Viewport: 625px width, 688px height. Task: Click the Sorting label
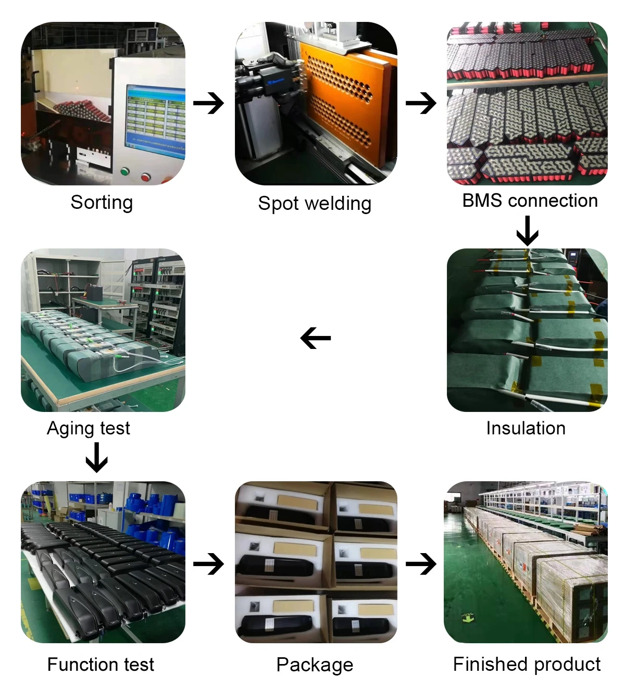tap(102, 203)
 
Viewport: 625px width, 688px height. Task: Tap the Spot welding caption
tap(315, 204)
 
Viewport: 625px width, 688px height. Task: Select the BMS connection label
tap(530, 201)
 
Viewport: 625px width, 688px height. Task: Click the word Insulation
tap(526, 428)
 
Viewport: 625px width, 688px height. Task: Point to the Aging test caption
tap(89, 428)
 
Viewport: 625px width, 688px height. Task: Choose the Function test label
tap(101, 665)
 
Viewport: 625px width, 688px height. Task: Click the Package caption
tap(315, 665)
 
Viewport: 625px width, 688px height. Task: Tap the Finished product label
tap(527, 665)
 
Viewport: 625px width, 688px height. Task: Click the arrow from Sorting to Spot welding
tap(208, 103)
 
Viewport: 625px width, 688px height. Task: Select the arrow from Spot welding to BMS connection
tap(421, 103)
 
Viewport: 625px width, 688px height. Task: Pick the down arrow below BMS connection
tap(528, 231)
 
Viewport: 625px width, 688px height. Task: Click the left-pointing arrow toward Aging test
tap(316, 339)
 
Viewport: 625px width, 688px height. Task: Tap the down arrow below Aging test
tap(96, 457)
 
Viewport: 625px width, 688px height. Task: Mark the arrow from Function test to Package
tap(208, 564)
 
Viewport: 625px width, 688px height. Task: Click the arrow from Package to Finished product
tap(421, 564)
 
